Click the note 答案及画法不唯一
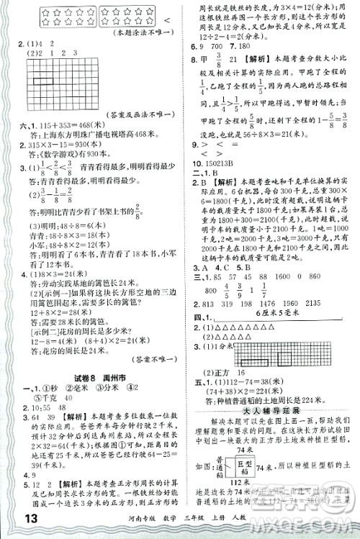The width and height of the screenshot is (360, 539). (142, 114)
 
